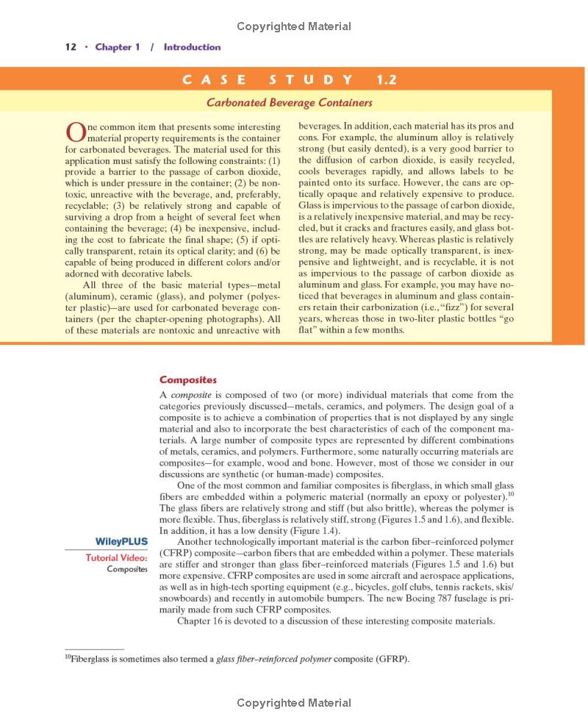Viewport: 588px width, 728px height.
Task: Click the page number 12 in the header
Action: click(x=71, y=47)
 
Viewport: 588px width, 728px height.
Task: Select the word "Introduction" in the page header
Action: click(x=192, y=47)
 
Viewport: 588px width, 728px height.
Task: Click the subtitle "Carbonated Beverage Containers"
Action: click(x=290, y=103)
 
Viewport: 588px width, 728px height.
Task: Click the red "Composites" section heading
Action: click(x=188, y=380)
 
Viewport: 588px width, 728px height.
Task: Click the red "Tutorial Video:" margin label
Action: click(x=116, y=557)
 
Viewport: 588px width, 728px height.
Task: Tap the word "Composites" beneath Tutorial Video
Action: click(x=127, y=569)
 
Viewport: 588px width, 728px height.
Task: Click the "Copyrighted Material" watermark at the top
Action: click(x=294, y=26)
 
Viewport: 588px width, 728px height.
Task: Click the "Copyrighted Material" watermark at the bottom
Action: click(x=294, y=704)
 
